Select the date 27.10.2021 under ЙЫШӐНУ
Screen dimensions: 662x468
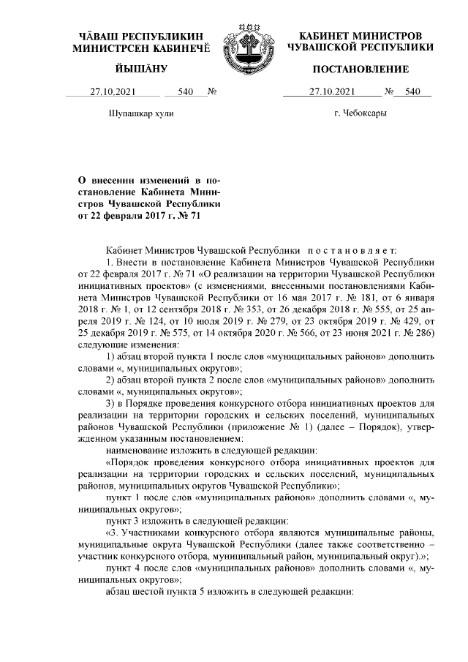(113, 92)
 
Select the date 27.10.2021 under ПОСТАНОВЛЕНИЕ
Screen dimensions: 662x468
(333, 92)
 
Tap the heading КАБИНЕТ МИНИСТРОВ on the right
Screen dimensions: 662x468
(361, 35)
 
